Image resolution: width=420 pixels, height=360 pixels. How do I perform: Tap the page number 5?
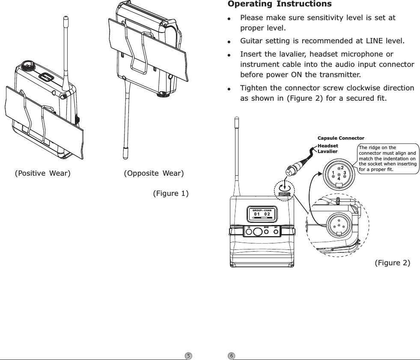(188, 356)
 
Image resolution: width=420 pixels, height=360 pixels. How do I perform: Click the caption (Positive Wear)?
(43, 174)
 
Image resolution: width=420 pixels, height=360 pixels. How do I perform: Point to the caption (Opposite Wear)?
(154, 174)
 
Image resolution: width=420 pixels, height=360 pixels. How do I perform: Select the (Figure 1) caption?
(171, 193)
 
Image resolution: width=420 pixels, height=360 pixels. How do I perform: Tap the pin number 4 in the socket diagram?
(338, 178)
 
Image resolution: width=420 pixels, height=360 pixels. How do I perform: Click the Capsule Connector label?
(340, 138)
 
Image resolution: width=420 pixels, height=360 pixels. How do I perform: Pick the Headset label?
(328, 146)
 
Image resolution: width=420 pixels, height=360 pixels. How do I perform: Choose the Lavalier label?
(328, 151)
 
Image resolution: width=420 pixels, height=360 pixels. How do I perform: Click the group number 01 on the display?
(257, 214)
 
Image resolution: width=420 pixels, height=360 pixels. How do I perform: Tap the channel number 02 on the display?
(267, 214)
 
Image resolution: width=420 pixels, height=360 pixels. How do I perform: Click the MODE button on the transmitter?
(266, 231)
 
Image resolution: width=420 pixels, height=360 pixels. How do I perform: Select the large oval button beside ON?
(257, 231)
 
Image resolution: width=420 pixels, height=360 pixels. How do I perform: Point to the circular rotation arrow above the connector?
(284, 188)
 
